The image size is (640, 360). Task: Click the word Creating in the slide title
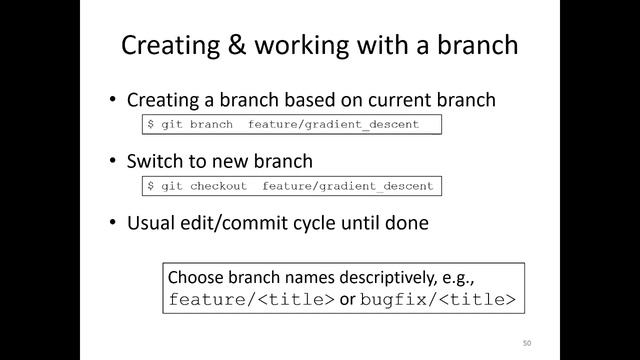click(x=166, y=46)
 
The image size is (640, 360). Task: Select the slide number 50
click(x=526, y=343)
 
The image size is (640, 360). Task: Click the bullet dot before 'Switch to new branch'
click(x=114, y=161)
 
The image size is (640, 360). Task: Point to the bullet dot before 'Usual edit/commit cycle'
click(x=114, y=223)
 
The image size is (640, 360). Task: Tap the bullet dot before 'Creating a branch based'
click(x=114, y=100)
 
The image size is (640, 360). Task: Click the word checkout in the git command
click(x=218, y=186)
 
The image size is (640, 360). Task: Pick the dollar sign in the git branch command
click(x=151, y=125)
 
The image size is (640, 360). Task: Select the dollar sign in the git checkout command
click(x=151, y=186)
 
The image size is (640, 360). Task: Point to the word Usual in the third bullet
click(x=151, y=223)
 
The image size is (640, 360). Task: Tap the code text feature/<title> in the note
click(x=250, y=299)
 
